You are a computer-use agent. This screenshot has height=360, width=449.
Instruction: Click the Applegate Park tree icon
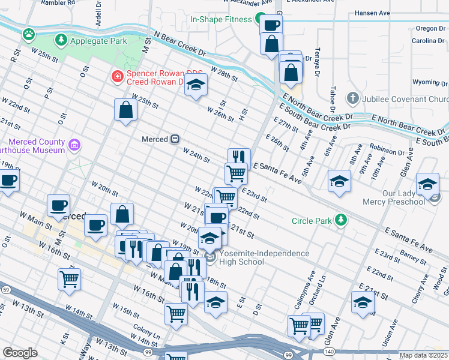[x=61, y=41]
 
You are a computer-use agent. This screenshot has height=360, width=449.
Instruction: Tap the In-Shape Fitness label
[x=221, y=19]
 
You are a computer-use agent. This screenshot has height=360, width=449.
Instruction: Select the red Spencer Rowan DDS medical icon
[x=117, y=77]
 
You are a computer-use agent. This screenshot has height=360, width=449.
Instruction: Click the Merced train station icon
[x=175, y=139]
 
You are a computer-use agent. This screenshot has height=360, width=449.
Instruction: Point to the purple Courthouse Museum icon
[x=74, y=145]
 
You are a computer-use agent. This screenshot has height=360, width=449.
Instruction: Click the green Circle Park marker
[x=341, y=220]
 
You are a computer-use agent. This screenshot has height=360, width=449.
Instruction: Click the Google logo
[x=20, y=353]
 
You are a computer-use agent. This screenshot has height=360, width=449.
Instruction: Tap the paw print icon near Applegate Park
[x=28, y=34]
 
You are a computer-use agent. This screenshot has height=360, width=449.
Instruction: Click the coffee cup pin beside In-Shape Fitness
[x=271, y=25]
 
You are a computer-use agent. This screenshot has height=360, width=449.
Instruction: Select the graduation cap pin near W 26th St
[x=196, y=85]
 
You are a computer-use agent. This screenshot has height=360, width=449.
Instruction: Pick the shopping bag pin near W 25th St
[x=125, y=110]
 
